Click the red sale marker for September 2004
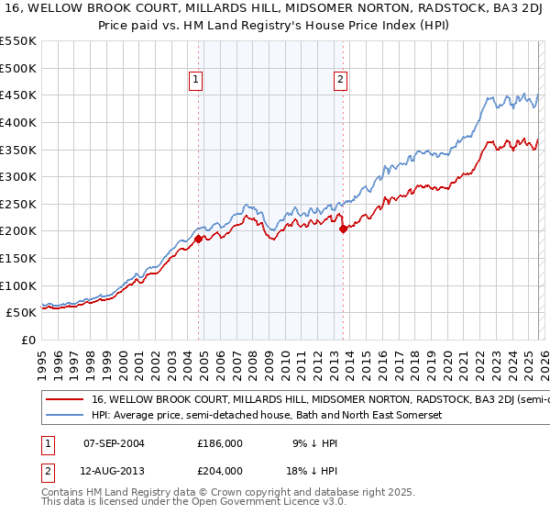[x=198, y=239]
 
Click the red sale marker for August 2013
[x=343, y=229]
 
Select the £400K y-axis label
[x=18, y=122]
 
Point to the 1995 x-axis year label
[x=41, y=363]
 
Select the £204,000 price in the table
[x=221, y=471]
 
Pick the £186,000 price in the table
[x=221, y=442]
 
